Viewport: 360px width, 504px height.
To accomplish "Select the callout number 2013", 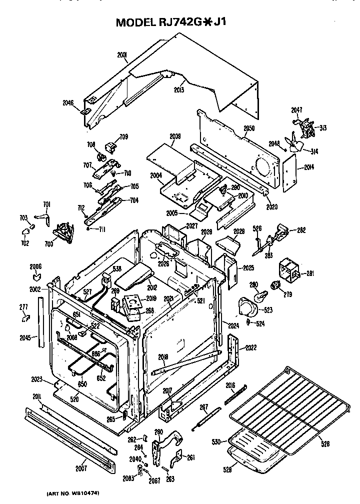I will point(178,89).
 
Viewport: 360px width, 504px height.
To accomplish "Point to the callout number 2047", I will point(296,109).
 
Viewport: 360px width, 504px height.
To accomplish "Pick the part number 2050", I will point(248,129).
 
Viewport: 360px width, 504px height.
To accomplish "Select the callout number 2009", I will point(175,136).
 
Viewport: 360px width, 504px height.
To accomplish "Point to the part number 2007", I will point(81,468).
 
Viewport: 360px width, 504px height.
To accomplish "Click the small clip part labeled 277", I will point(25,316).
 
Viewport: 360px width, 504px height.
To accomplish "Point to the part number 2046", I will point(68,103).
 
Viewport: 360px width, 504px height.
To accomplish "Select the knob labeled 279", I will point(274,285).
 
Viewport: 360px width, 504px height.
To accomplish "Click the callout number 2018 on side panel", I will point(163,357).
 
